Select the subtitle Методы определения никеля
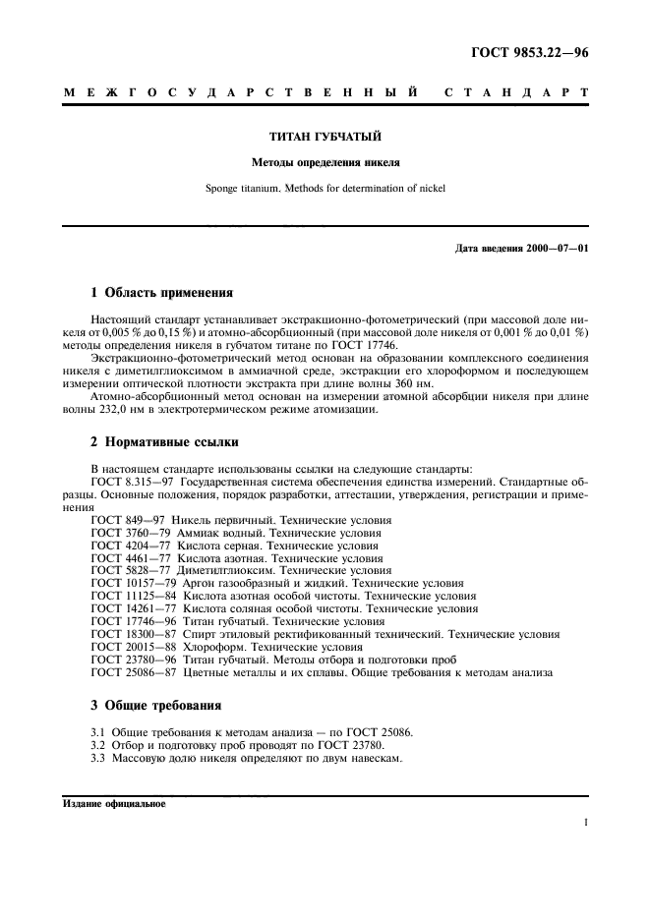[x=325, y=161]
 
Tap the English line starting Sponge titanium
[x=325, y=187]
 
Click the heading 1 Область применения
[x=162, y=292]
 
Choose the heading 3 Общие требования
[x=155, y=705]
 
